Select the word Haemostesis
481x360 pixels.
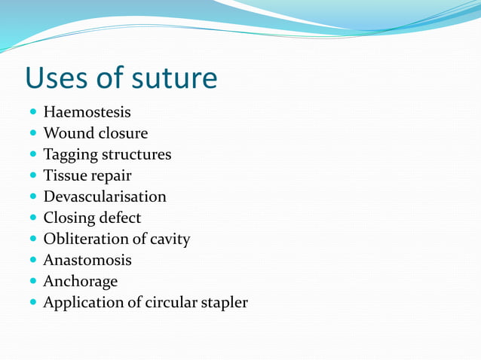click(87, 112)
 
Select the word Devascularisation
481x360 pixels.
click(105, 197)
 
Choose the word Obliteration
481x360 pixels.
click(87, 239)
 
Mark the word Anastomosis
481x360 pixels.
click(87, 260)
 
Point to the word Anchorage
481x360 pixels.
click(81, 282)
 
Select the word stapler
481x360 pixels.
click(222, 303)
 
